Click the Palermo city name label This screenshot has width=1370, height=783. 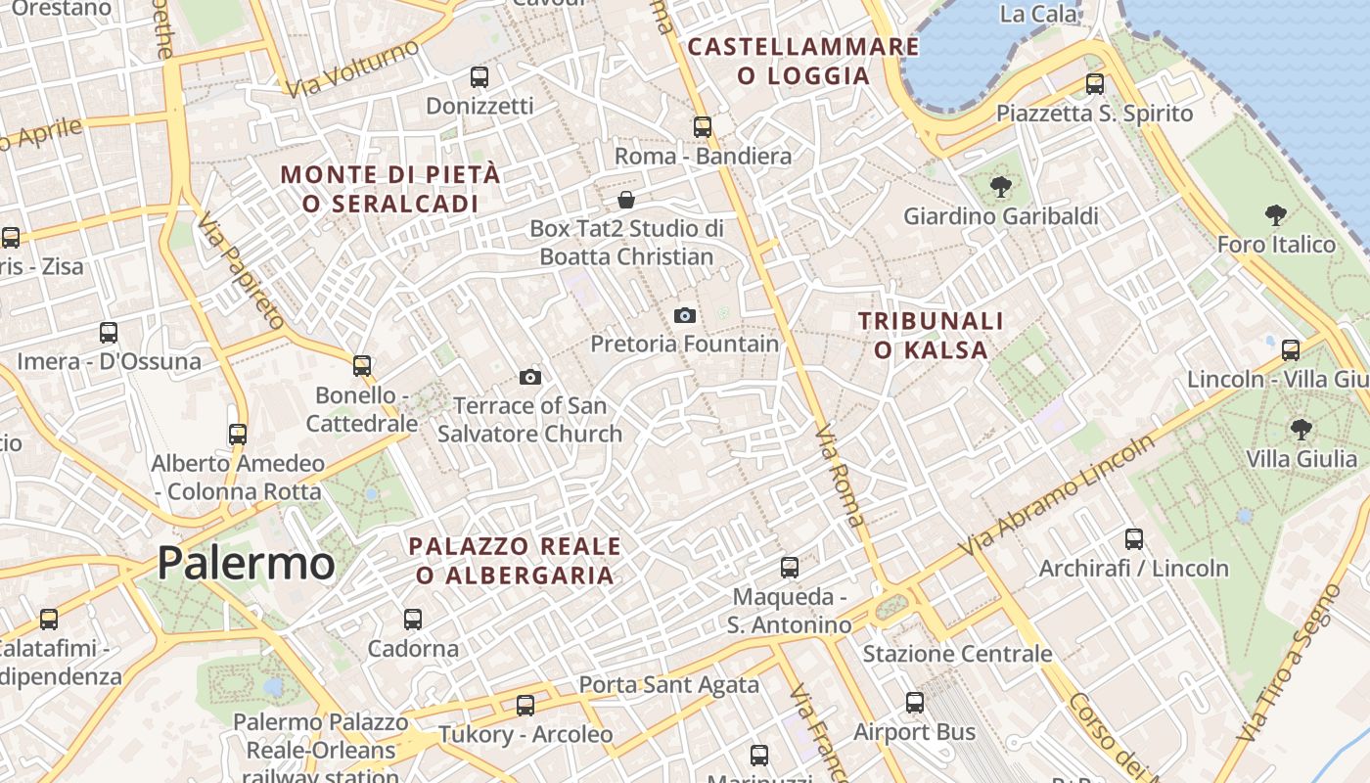pyautogui.click(x=246, y=564)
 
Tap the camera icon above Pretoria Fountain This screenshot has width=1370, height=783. pyautogui.click(x=685, y=315)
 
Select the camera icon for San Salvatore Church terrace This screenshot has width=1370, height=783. pyautogui.click(x=529, y=377)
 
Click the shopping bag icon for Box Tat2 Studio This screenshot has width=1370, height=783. pyautogui.click(x=626, y=201)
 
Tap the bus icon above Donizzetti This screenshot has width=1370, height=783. pyautogui.click(x=479, y=76)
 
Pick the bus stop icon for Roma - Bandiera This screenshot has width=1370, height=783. pyautogui.click(x=703, y=126)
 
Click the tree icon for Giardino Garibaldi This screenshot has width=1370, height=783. pyautogui.click(x=1000, y=186)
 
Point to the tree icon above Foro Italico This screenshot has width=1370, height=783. pyautogui.click(x=1275, y=214)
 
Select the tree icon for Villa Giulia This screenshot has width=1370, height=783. pyautogui.click(x=1301, y=428)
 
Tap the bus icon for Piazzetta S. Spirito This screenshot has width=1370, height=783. pyautogui.click(x=1095, y=84)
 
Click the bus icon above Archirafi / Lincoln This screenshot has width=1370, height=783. pyautogui.click(x=1134, y=538)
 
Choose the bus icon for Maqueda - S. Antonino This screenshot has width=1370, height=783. pyautogui.click(x=790, y=567)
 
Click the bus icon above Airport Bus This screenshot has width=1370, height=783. pyautogui.click(x=915, y=702)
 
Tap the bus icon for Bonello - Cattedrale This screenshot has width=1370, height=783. pyautogui.click(x=362, y=366)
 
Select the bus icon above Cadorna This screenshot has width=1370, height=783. pyautogui.click(x=413, y=619)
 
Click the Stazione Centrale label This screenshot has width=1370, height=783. pyautogui.click(x=957, y=654)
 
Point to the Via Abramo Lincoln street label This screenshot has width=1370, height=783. pyautogui.click(x=1057, y=496)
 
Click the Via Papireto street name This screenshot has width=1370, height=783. pyautogui.click(x=241, y=269)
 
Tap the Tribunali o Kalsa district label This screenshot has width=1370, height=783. pyautogui.click(x=931, y=335)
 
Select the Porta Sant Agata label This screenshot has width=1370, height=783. pyautogui.click(x=669, y=685)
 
